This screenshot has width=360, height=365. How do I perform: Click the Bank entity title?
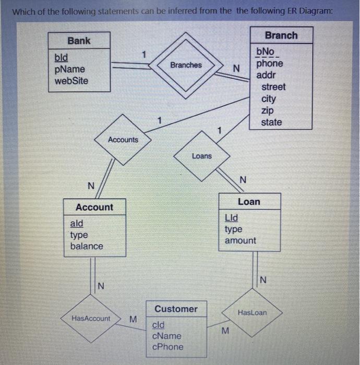coord(79,41)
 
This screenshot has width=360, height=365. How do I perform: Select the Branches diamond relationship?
coord(186,65)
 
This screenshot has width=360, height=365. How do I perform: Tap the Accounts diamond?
coord(123,140)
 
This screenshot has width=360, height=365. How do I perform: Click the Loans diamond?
coord(202,156)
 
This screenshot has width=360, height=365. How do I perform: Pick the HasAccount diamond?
coord(91,318)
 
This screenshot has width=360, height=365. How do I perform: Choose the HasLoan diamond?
coord(252,312)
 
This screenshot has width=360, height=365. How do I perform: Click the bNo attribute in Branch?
coord(266,52)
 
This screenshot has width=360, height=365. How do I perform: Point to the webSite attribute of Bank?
coord(71,81)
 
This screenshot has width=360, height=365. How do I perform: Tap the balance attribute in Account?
coord(87,246)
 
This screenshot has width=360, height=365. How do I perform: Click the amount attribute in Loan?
coord(240,240)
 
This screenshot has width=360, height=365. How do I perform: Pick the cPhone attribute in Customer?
coord(167,347)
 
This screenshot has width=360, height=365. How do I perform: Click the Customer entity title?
coord(176,309)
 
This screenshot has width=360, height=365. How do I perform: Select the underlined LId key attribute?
coord(231,217)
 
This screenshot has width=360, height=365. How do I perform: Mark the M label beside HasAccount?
coord(133,319)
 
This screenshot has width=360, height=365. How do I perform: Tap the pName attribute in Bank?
coord(69,69)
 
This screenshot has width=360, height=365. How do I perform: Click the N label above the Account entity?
coord(91,186)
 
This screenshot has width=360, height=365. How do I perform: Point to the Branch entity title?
coord(281,35)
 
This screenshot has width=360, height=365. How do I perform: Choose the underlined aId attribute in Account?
coord(76,223)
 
